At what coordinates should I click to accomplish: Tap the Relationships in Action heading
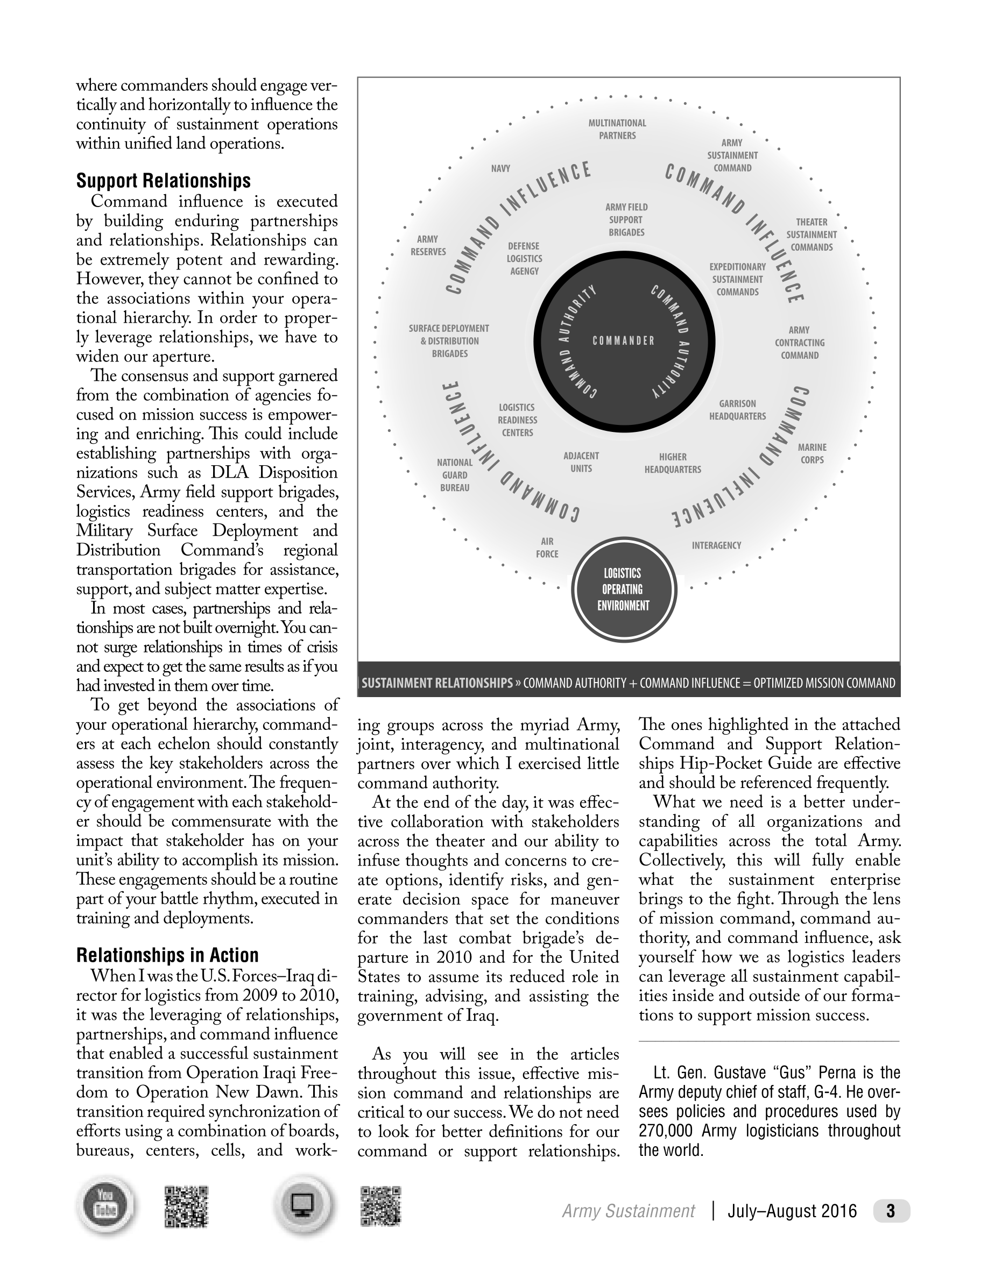click(x=167, y=955)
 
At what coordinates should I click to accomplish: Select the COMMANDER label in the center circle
click(x=623, y=340)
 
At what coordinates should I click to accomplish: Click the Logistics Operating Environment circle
click(x=623, y=590)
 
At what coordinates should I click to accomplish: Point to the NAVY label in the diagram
click(x=500, y=168)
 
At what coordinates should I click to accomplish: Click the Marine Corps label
click(x=812, y=453)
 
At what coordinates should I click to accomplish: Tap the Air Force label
click(x=547, y=548)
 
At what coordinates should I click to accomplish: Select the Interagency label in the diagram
click(x=716, y=545)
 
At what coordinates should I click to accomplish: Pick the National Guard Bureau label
click(x=455, y=475)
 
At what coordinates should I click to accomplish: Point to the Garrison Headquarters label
click(x=737, y=410)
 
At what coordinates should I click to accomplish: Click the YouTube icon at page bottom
click(x=105, y=1206)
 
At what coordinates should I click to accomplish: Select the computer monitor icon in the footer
click(x=302, y=1205)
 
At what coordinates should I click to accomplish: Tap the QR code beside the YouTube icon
click(x=187, y=1206)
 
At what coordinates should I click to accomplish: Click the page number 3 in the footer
click(x=891, y=1211)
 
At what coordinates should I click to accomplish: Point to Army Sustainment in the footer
click(x=629, y=1211)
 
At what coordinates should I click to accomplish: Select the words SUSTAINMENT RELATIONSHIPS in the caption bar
click(x=436, y=683)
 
